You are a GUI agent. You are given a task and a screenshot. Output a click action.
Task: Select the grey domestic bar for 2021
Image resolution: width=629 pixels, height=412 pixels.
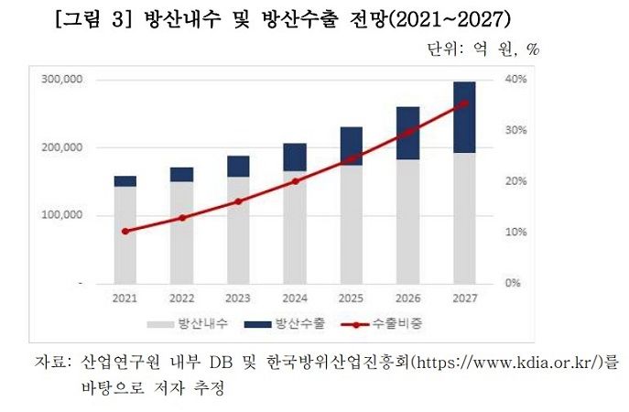click(125, 234)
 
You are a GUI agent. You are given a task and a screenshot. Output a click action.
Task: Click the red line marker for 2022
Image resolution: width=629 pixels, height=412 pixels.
click(181, 218)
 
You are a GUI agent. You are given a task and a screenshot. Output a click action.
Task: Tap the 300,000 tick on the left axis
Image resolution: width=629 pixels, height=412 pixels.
click(62, 80)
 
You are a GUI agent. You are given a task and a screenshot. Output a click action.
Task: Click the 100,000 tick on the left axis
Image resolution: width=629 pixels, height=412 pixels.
click(62, 215)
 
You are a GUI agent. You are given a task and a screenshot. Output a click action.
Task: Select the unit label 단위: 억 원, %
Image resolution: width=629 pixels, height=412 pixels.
click(483, 49)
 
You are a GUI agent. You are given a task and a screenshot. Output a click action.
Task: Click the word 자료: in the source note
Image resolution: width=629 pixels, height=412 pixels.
click(52, 362)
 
